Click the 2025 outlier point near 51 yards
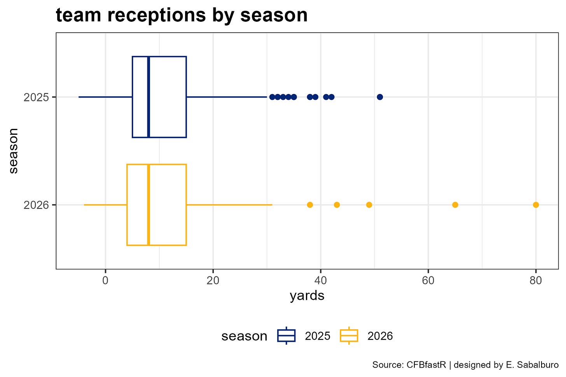[x=380, y=97]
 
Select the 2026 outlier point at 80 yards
[x=536, y=205]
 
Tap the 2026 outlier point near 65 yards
[x=455, y=205]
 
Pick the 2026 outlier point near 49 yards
[x=369, y=205]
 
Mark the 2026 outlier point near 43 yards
[x=337, y=205]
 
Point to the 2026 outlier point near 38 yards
[x=310, y=205]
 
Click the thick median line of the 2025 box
[x=148, y=97]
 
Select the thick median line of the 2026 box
[x=148, y=205]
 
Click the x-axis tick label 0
[x=105, y=280]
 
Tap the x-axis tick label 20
[x=213, y=280]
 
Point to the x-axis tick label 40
[x=321, y=280]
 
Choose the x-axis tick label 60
[x=428, y=280]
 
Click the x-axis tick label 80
[x=536, y=280]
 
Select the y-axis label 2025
[x=36, y=97]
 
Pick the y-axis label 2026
[x=36, y=205]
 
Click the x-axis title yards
[x=307, y=296]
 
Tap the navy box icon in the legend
[x=286, y=335]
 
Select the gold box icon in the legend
[x=349, y=335]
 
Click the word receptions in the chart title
[x=157, y=16]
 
